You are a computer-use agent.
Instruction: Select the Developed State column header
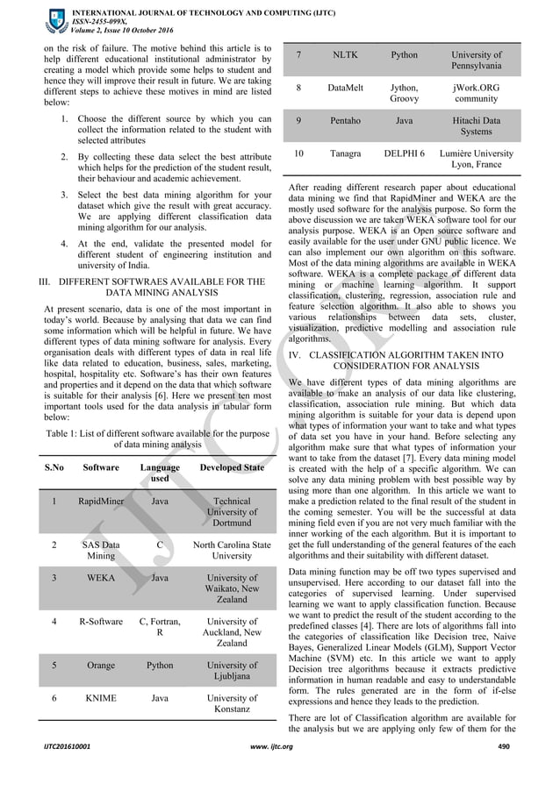231,468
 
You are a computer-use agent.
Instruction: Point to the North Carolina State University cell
231,550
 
